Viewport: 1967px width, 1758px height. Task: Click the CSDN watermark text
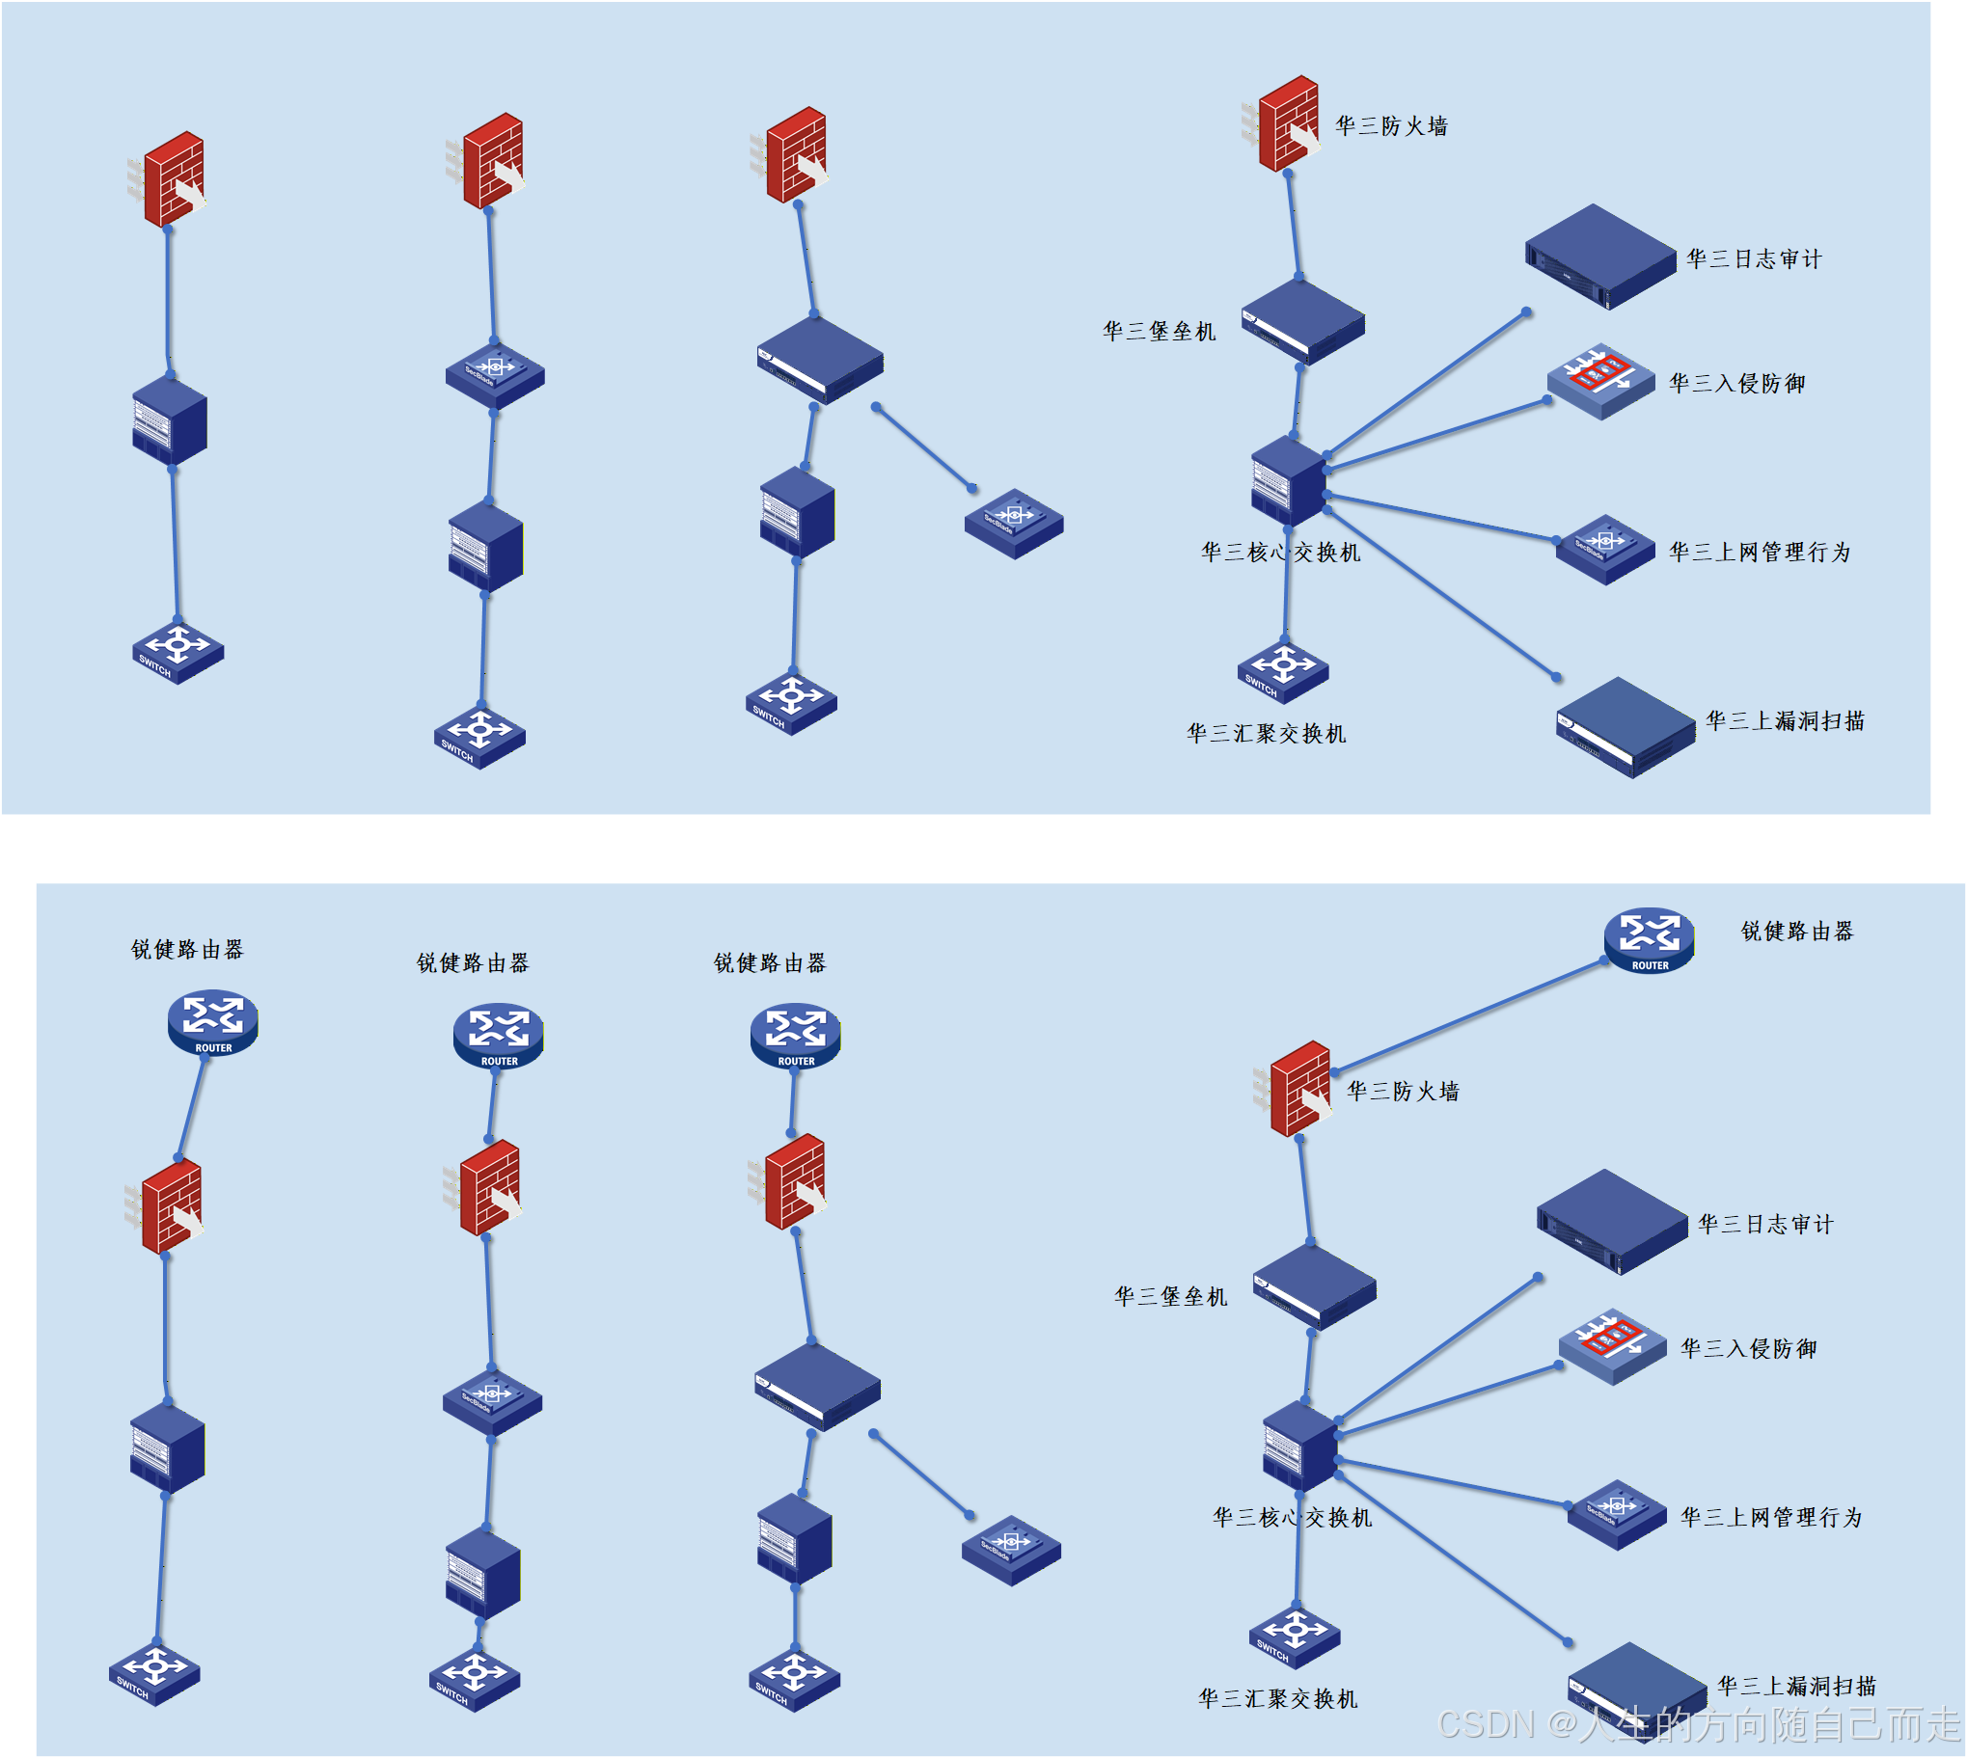pos(1697,1724)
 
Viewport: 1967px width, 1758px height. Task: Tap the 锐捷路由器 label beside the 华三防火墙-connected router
pos(1796,932)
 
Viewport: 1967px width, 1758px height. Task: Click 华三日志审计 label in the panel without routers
pos(1753,258)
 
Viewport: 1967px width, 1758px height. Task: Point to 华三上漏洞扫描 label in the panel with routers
pos(1796,1686)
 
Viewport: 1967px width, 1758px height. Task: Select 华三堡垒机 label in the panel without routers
pos(1159,332)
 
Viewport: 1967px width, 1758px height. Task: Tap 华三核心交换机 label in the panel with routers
pos(1291,1518)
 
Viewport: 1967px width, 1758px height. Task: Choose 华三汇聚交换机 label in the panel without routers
pos(1266,733)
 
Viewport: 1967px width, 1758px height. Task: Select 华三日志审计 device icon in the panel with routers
pos(1610,1221)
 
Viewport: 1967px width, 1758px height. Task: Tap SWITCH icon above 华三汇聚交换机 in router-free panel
pos(1282,670)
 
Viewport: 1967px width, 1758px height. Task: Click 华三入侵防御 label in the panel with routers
pos(1748,1348)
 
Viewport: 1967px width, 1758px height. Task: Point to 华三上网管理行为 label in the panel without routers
pos(1760,552)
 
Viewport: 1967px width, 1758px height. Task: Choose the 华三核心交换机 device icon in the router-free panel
pos(1287,480)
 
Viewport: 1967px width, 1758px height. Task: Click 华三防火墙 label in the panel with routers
pos(1402,1092)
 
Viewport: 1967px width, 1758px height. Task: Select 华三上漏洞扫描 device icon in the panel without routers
pos(1624,726)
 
